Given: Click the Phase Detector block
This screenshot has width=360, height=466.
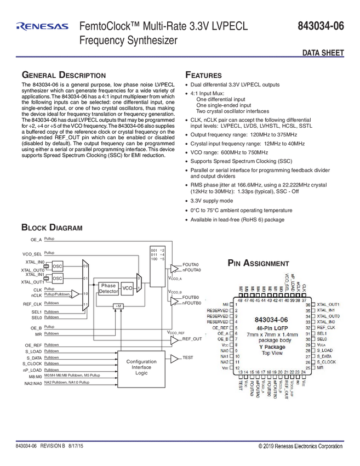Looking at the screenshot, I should point(108,288).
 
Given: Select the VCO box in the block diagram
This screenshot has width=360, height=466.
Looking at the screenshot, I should point(127,288).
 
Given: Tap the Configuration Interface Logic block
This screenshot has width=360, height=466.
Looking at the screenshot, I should point(141,367).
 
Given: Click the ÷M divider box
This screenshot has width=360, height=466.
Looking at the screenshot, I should point(117,305).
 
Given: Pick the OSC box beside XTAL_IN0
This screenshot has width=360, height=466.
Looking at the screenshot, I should point(58,266).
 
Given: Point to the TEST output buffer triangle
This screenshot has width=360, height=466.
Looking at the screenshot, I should point(174,359).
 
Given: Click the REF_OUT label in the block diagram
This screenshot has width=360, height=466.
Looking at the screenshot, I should point(192,339).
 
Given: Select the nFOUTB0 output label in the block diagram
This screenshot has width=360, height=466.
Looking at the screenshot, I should point(191,303).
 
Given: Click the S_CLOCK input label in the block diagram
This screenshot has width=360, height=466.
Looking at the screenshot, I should point(32,363).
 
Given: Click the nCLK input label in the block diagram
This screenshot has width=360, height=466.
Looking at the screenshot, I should point(36,295).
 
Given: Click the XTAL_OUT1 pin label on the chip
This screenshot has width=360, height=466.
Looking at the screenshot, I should point(329,304).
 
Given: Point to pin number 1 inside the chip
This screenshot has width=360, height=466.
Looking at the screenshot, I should point(236,304).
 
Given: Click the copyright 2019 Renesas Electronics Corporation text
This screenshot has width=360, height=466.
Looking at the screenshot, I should point(300,446).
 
